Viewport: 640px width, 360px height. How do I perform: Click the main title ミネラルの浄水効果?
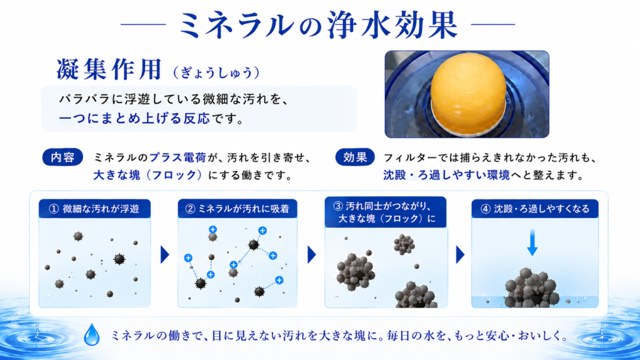pos(318,24)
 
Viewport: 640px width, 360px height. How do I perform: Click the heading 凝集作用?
pos(109,69)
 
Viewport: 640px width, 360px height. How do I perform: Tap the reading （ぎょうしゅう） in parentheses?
pos(216,72)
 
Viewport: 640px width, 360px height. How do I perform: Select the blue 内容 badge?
pos(62,157)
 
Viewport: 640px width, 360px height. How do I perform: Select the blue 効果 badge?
pos(355,157)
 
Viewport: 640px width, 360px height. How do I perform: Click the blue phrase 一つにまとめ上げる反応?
pos(134,119)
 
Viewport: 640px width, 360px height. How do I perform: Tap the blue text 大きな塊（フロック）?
pos(147,175)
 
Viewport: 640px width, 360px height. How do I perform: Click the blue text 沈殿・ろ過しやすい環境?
pos(446,175)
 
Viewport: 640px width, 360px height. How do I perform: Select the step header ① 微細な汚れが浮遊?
pos(94,209)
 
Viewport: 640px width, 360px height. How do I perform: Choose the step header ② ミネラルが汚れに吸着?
pos(237,209)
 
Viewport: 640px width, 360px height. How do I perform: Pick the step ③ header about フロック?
pos(386,212)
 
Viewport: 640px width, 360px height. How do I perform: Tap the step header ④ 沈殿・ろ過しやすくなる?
pos(535,209)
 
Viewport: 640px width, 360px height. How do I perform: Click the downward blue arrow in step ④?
pos(532,242)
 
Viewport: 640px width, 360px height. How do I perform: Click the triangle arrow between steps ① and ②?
pos(164,255)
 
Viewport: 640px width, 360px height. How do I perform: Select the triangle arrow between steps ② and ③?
pos(311,255)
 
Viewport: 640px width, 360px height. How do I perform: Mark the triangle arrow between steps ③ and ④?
pos(460,255)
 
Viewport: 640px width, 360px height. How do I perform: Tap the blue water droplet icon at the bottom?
pos(91,335)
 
